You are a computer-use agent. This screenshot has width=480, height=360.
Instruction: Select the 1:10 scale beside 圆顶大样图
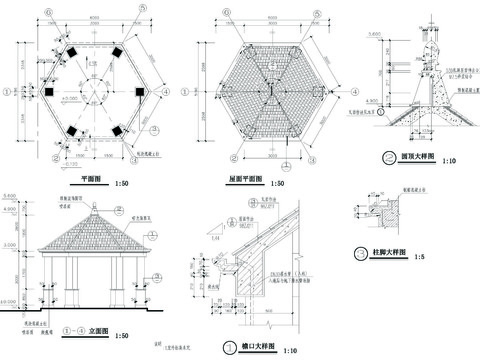click(447, 159)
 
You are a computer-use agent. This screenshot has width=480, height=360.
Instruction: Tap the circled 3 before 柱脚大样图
click(360, 253)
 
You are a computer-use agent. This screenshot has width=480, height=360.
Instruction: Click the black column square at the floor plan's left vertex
click(47, 92)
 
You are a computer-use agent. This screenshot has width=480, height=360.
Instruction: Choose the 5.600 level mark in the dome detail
click(372, 33)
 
